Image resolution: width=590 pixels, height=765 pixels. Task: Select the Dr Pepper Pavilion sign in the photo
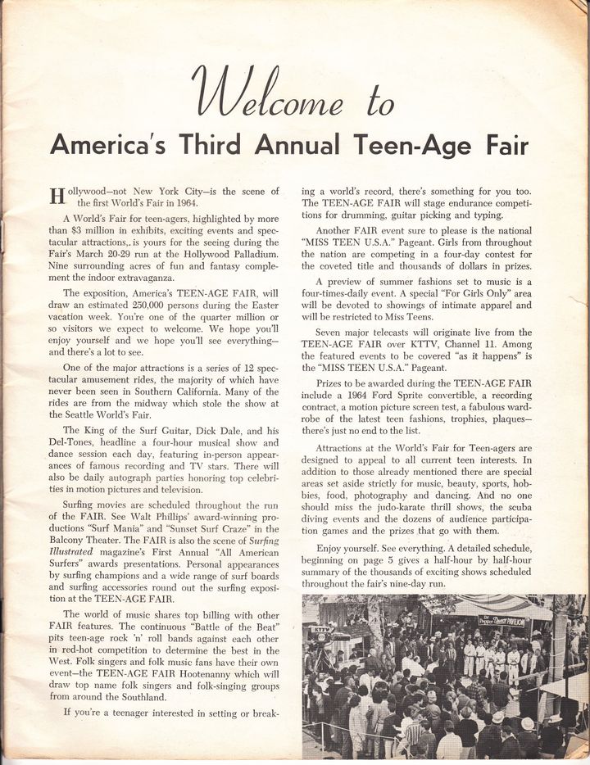(x=501, y=620)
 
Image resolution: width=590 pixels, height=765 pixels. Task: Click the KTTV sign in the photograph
(x=320, y=630)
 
